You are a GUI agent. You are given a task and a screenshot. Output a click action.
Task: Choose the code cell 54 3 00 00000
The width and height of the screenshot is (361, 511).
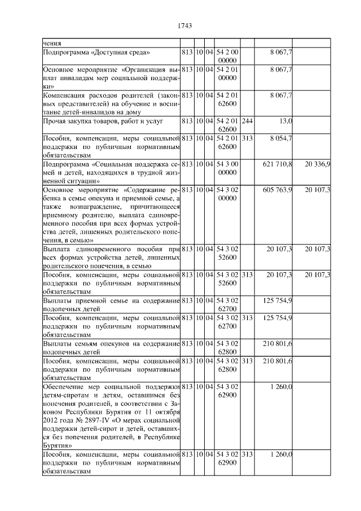coord(227,168)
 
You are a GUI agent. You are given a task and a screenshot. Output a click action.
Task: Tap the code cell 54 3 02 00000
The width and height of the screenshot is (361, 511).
coord(227,194)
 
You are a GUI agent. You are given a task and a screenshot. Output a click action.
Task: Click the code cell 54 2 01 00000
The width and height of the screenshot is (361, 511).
coord(227,73)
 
